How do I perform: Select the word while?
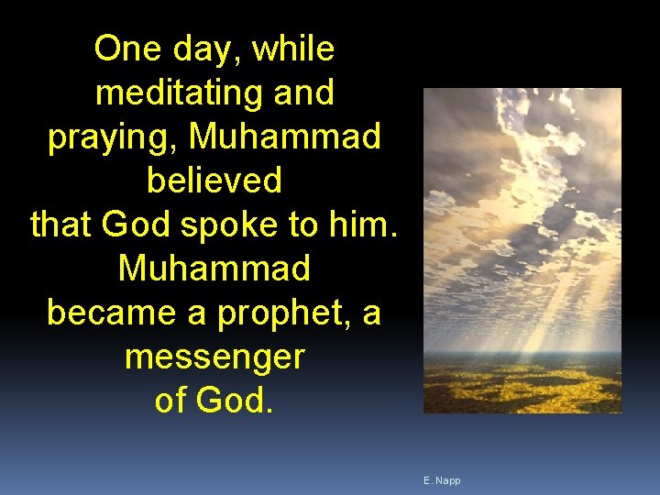[x=293, y=49]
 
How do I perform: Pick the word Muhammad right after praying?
[x=285, y=137]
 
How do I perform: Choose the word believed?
[x=214, y=181]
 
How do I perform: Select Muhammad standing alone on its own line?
[x=214, y=269]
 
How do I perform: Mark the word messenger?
[x=214, y=357]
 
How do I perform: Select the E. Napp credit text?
[x=442, y=480]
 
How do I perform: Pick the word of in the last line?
[x=170, y=401]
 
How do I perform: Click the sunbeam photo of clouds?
[x=522, y=250]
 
